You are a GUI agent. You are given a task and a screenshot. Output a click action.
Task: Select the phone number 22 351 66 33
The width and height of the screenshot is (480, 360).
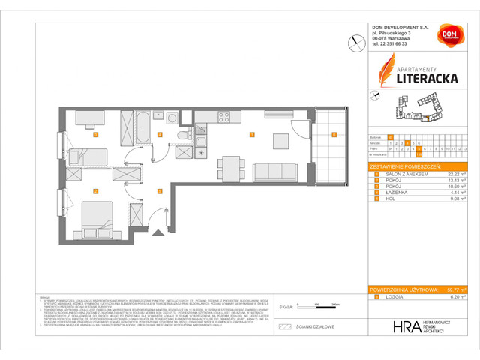click(394, 44)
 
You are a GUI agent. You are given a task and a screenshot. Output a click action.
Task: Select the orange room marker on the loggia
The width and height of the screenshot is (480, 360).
click(334, 135)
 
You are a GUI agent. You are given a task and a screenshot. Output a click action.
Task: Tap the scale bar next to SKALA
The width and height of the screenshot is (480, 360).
click(308, 305)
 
